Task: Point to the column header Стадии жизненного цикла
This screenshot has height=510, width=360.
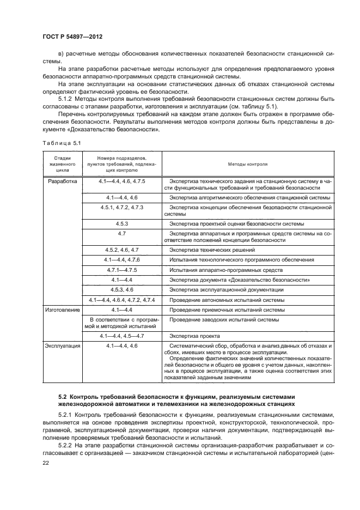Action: tap(62, 162)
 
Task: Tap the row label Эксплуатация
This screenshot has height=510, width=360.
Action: tap(64, 346)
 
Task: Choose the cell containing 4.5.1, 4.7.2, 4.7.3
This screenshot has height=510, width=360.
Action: tap(121, 208)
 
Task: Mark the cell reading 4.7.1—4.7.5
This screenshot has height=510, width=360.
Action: tap(121, 270)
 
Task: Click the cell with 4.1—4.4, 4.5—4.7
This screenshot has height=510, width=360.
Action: tap(121, 336)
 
